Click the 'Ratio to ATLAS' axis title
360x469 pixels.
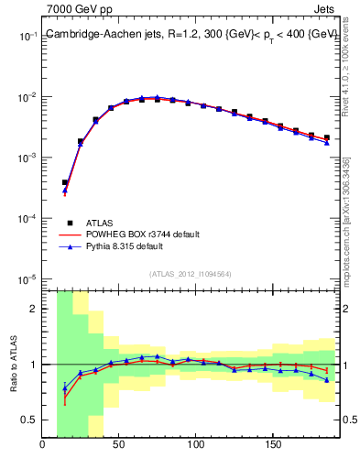[14, 365]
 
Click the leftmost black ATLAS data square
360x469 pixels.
[65, 182]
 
